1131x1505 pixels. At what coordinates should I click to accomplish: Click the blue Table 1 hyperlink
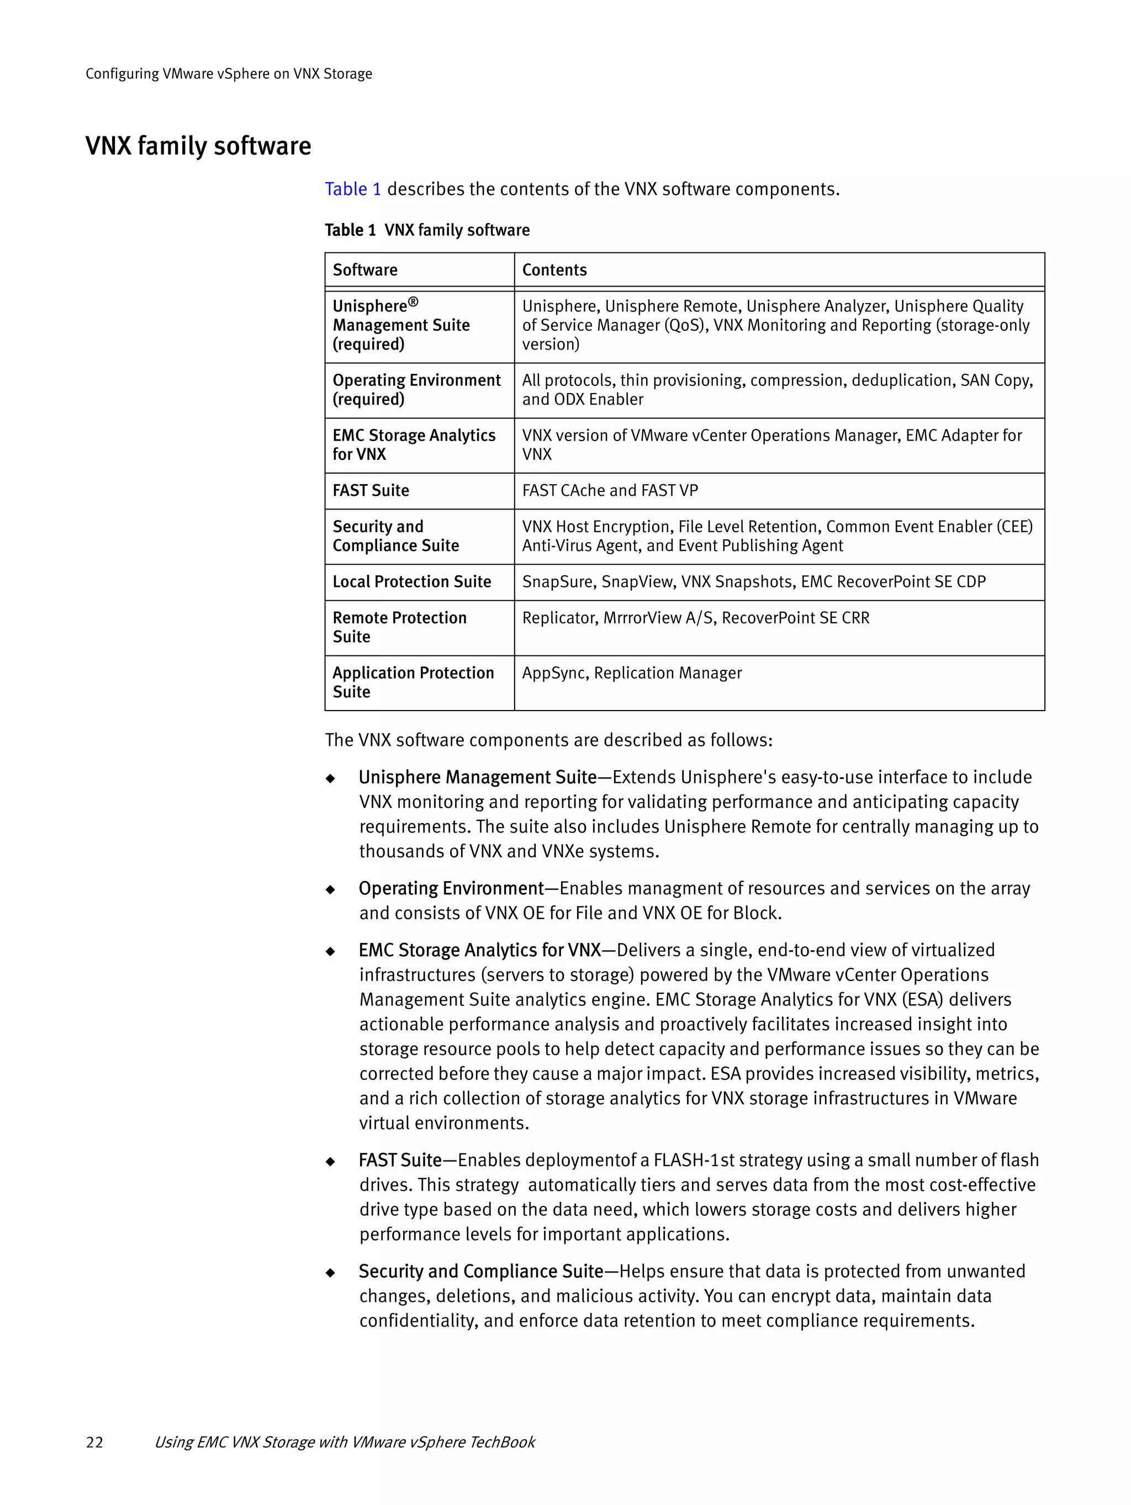352,189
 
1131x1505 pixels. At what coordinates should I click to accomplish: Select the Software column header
364,270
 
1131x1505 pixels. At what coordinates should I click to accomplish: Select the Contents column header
554,270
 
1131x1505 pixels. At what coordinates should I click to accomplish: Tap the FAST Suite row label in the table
371,491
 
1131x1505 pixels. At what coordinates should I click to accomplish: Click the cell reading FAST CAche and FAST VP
610,491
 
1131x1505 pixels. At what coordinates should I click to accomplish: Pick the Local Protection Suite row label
412,582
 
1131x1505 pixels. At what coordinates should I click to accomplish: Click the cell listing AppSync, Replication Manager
632,673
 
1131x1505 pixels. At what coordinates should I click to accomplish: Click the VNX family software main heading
198,146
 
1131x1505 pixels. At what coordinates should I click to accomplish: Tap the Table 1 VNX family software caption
427,230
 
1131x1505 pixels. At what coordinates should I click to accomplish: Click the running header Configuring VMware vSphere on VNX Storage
229,73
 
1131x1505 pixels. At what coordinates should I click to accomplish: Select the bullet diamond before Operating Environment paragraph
331,890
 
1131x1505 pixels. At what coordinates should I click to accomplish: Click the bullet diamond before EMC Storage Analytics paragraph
331,951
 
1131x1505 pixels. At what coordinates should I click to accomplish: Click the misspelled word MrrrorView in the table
642,618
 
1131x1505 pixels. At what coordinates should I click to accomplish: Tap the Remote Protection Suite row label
399,627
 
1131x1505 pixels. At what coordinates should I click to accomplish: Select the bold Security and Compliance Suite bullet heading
480,1271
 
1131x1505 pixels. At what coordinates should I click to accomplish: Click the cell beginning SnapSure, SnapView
753,582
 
